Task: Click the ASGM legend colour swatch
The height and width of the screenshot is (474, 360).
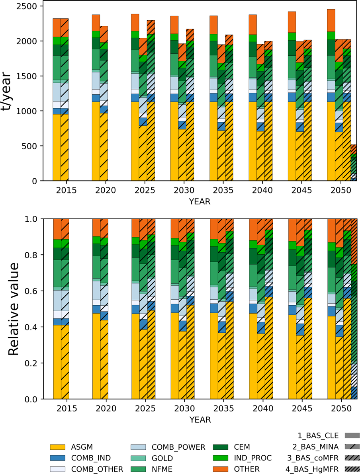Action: pos(58,447)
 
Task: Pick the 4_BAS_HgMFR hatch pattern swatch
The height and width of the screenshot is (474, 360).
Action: pos(352,468)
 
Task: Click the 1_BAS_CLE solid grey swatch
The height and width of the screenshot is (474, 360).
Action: pos(352,435)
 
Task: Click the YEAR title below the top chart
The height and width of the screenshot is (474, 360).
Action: pos(200,201)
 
